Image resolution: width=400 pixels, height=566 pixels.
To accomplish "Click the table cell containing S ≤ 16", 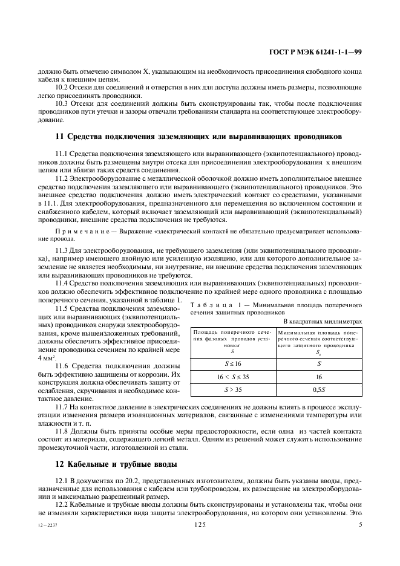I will (x=233, y=363).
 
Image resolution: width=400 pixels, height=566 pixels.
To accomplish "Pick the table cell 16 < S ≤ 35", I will (x=233, y=376).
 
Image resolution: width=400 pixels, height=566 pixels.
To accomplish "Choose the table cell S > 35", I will (x=233, y=389).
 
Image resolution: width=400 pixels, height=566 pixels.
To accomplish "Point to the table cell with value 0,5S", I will (x=319, y=389).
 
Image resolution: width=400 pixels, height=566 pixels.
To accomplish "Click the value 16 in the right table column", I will (x=319, y=376).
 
